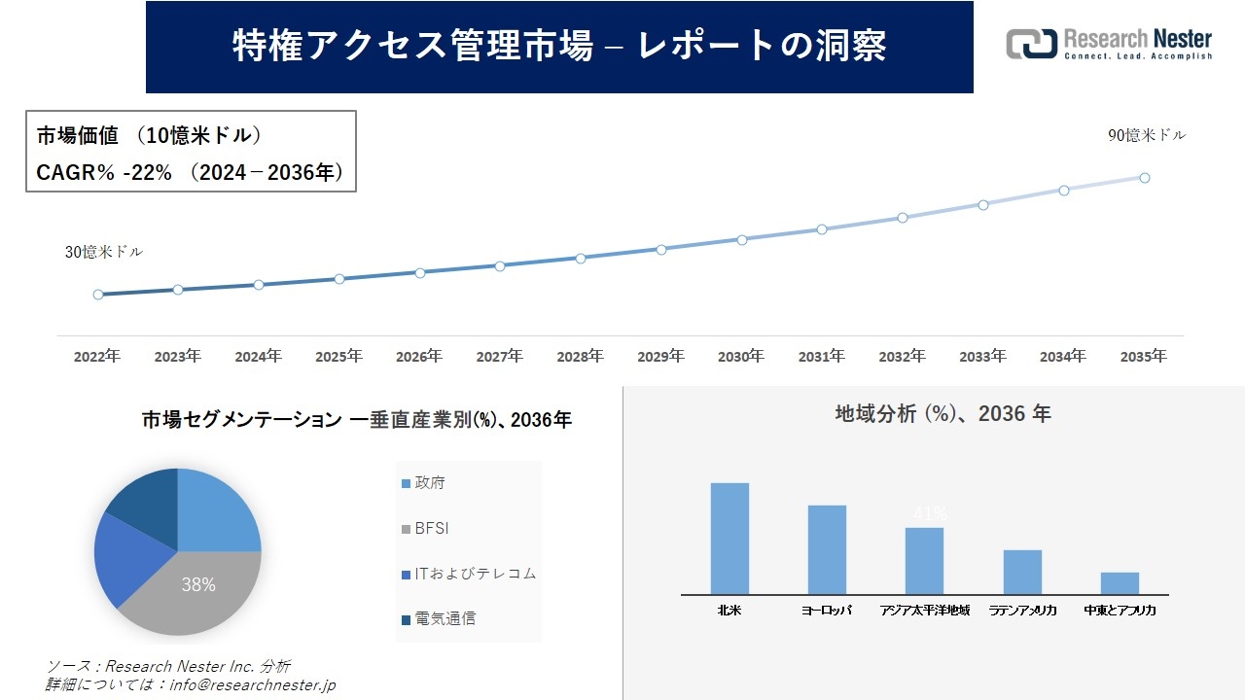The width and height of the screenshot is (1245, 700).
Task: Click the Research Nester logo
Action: point(1109,45)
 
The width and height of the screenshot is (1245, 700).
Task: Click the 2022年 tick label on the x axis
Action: point(97,357)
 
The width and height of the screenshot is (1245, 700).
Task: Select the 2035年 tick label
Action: point(1143,357)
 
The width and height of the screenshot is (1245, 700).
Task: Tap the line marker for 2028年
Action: point(581,259)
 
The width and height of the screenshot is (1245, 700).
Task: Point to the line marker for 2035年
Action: point(1145,178)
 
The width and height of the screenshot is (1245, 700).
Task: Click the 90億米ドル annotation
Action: point(1147,136)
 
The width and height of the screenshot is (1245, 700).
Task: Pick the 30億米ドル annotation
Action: point(103,252)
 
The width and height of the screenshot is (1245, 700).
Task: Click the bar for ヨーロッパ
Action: point(827,549)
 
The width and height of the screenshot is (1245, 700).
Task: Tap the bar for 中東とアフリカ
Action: point(1120,582)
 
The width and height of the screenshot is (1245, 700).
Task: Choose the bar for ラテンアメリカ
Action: point(1023,572)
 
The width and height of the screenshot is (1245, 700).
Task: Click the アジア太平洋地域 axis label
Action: point(924,611)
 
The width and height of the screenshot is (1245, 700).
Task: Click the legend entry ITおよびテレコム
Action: point(468,574)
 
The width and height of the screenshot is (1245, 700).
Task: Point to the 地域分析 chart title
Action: point(943,413)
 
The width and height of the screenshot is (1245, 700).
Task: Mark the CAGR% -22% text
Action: point(104,173)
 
